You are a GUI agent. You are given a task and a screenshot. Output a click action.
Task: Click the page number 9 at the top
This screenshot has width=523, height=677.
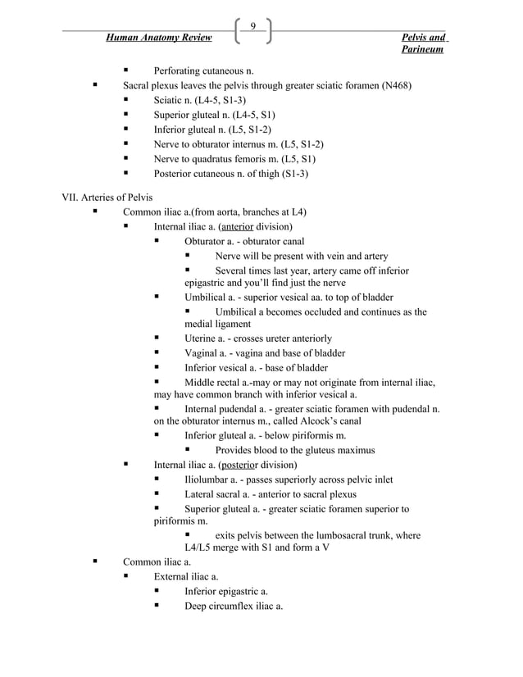tap(253, 26)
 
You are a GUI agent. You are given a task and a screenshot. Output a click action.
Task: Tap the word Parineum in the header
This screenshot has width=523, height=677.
tap(423, 50)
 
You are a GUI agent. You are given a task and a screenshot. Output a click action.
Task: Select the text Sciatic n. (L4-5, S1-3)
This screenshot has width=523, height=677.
tap(200, 99)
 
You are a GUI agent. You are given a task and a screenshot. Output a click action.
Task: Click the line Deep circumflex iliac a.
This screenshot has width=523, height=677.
tap(234, 606)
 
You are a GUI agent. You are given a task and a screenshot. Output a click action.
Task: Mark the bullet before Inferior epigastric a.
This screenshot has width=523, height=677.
tap(157, 591)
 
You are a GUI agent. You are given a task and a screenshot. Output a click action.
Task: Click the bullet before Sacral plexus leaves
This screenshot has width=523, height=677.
tap(96, 84)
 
